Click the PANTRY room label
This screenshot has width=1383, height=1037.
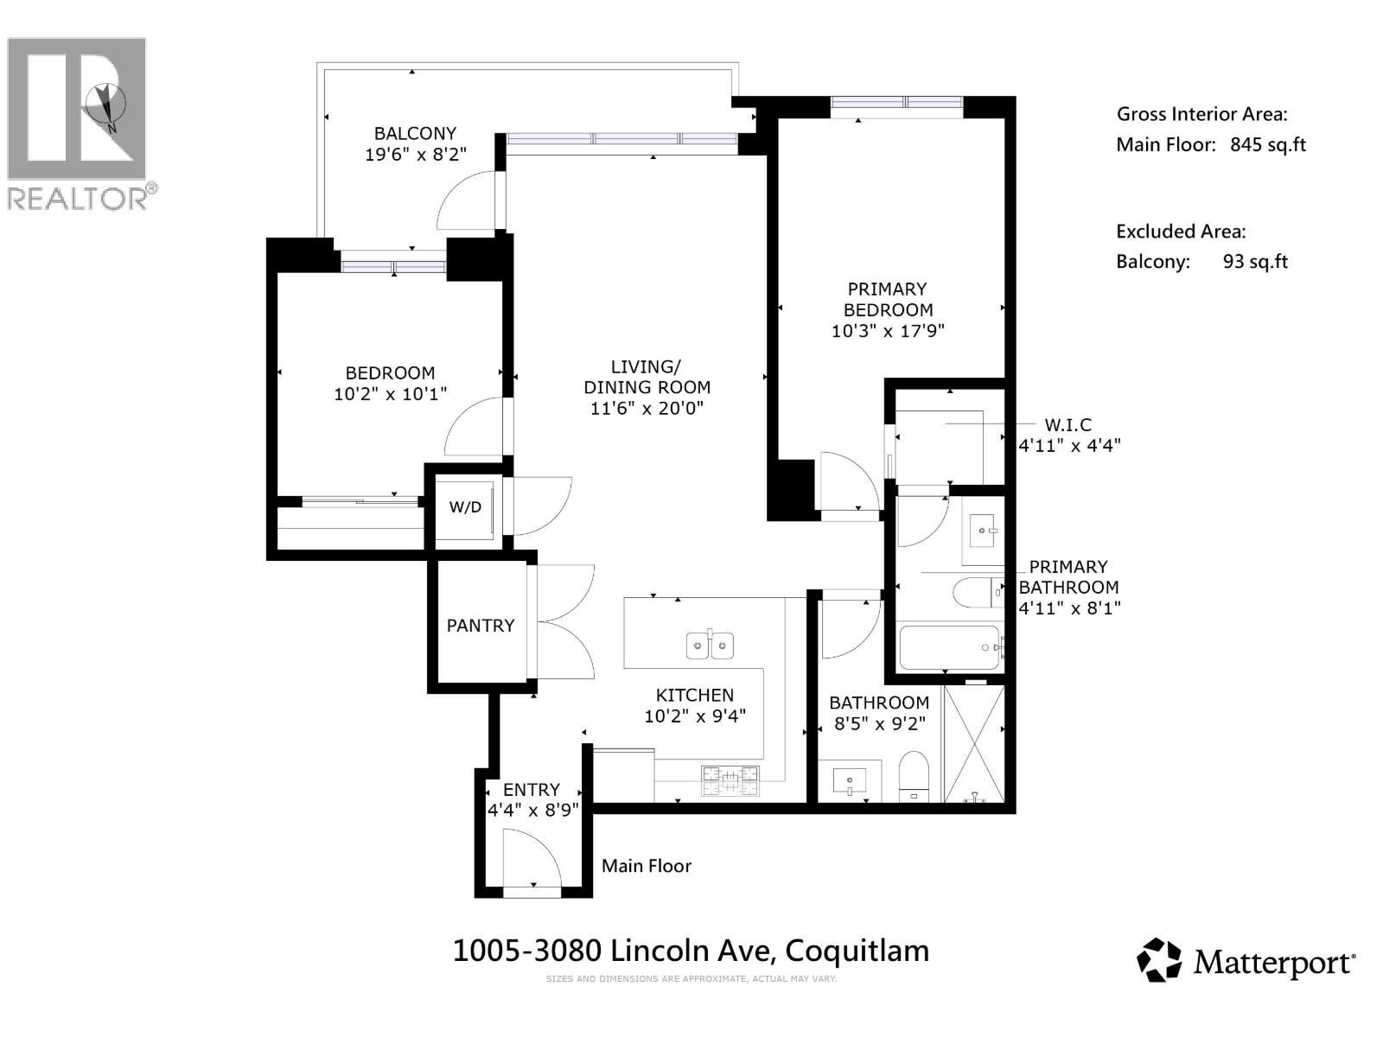[480, 625]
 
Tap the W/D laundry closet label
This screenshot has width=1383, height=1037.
[465, 507]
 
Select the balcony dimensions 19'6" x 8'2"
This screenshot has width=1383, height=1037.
[415, 155]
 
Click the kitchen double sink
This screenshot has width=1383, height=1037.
[710, 645]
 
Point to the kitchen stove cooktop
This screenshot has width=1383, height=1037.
[730, 780]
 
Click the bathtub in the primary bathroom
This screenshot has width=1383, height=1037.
[949, 647]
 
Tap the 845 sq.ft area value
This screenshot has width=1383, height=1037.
[1267, 144]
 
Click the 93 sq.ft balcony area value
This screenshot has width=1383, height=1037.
[1255, 262]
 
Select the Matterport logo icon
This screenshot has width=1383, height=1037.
[1158, 960]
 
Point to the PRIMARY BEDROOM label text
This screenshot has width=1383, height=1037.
[888, 299]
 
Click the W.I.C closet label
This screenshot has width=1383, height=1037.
[1068, 424]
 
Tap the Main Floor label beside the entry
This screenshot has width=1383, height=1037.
[647, 866]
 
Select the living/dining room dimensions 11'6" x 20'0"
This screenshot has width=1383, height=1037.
[647, 408]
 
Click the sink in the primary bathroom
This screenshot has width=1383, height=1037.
[983, 529]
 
